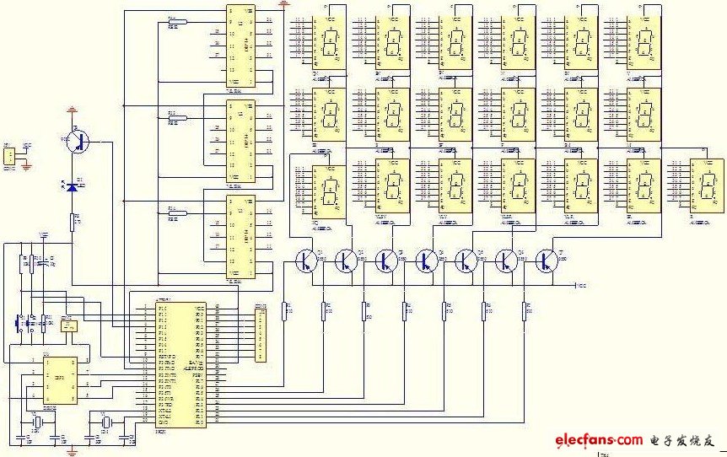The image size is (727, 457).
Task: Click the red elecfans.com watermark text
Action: coord(598,440)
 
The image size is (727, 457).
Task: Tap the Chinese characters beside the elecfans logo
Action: coord(682,440)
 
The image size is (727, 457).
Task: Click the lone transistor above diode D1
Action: coord(79,140)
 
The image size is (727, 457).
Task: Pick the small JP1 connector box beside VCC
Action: coord(10,156)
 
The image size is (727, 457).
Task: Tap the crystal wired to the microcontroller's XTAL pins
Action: coord(106,423)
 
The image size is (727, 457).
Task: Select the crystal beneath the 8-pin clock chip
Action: coord(37,423)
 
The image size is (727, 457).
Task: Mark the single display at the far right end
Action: coord(705,185)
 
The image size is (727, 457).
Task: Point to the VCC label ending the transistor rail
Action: coord(580,287)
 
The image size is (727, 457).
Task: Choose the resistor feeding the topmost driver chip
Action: coord(175,22)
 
